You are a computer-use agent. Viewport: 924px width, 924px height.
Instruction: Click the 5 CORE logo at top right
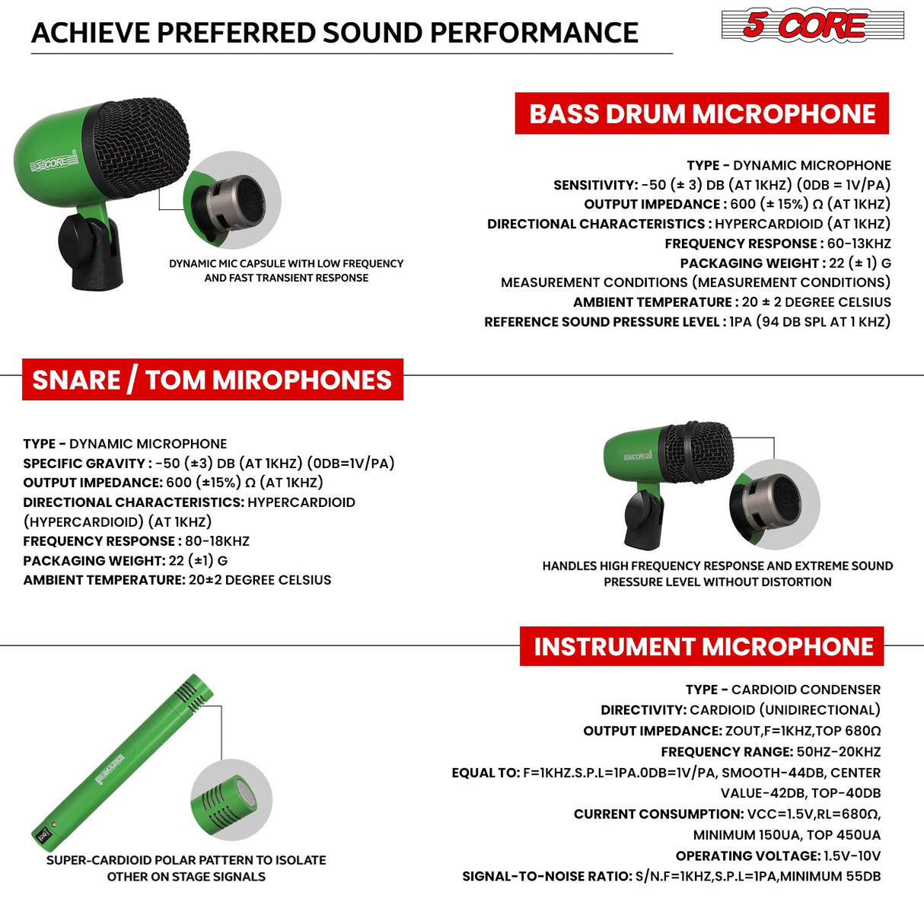click(x=811, y=25)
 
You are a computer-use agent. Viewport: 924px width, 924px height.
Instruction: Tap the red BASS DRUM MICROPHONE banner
click(x=702, y=113)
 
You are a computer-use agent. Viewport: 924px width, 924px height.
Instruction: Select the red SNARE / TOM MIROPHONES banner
click(x=212, y=380)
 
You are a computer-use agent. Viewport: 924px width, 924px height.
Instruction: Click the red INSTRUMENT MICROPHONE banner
click(x=702, y=646)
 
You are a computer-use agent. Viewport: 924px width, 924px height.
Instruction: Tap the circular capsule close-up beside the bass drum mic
click(x=232, y=200)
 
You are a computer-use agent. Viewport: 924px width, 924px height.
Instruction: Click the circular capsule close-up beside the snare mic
click(x=773, y=504)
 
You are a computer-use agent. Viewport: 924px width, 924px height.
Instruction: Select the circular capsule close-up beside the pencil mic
click(x=231, y=800)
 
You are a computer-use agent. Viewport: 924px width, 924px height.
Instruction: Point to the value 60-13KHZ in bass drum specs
click(x=859, y=244)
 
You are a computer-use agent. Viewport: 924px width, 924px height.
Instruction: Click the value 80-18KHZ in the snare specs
click(x=217, y=541)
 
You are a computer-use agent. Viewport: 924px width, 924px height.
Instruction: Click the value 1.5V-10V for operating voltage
click(x=852, y=856)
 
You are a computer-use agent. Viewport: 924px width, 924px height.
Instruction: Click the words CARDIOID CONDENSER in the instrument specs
click(x=805, y=690)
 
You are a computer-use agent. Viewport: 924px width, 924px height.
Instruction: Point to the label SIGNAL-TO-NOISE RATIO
click(x=546, y=877)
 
